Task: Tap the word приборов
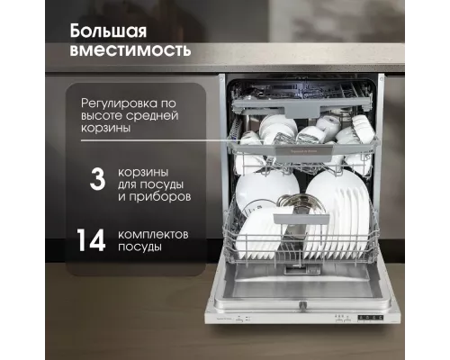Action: click(167, 194)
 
